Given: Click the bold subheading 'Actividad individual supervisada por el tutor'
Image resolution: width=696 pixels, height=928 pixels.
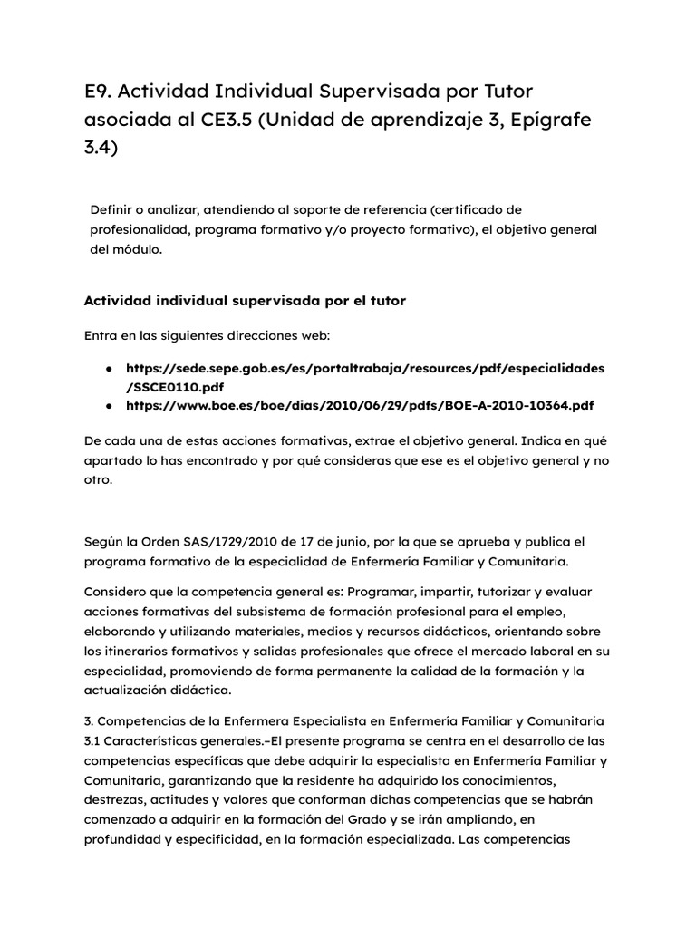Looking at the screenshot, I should [x=245, y=301].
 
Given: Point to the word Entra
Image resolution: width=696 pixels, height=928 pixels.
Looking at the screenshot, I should [x=101, y=335].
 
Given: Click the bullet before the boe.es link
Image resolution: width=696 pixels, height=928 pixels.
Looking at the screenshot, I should [x=109, y=405].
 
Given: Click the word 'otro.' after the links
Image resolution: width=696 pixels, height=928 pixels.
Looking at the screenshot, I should [x=98, y=480].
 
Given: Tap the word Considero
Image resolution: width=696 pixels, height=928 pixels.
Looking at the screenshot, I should [x=115, y=592].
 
